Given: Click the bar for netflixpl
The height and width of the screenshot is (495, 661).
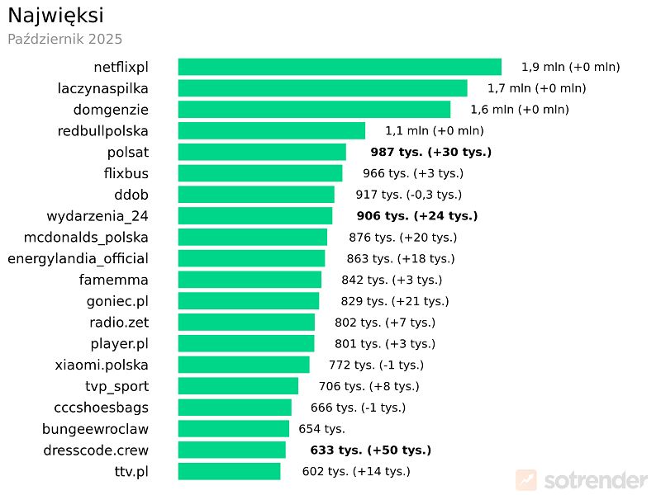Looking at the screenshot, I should tap(340, 67).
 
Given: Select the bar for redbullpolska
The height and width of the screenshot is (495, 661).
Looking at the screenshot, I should tap(272, 130).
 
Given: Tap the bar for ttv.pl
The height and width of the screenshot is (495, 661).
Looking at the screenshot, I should tap(229, 471).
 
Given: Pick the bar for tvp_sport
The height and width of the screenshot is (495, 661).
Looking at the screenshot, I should tap(238, 386).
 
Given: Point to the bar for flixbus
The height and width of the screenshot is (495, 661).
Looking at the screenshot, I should tap(260, 173).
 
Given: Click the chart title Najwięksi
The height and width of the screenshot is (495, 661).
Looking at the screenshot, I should tap(55, 15).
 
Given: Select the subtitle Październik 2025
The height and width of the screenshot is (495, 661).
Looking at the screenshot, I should tap(64, 39).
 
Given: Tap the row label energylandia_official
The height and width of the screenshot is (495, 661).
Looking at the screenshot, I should tap(78, 258).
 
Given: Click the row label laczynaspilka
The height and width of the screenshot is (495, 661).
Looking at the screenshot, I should tap(103, 87).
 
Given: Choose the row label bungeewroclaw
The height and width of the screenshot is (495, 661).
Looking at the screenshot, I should tap(96, 428).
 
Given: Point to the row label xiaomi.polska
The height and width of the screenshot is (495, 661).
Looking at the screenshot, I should tap(102, 365).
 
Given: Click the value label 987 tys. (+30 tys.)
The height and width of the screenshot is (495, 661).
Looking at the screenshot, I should tap(430, 152).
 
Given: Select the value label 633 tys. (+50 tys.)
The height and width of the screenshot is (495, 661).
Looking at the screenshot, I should tap(370, 450).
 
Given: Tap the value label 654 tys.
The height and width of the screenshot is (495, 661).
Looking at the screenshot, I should tap(321, 428).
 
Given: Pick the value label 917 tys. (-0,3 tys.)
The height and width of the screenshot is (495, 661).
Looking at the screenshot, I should tap(408, 195).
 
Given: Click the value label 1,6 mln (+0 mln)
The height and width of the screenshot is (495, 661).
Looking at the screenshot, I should tap(520, 109).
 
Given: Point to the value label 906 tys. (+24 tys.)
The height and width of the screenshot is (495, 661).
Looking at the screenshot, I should tap(417, 215).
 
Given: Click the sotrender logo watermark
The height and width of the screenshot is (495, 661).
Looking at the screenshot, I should tap(582, 479).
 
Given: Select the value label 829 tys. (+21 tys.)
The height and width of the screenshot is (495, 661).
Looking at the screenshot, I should tap(395, 301).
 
